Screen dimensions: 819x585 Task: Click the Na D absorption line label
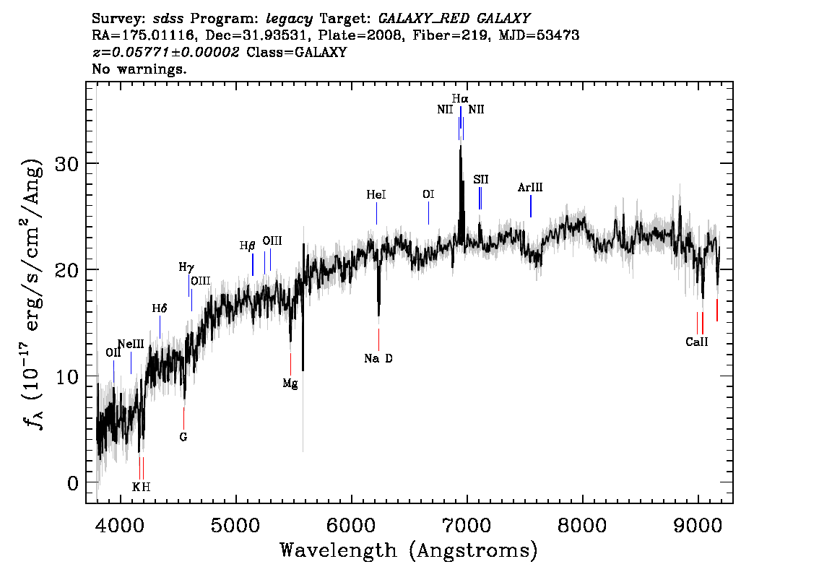click(x=378, y=358)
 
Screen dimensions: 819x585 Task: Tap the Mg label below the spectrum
click(x=290, y=384)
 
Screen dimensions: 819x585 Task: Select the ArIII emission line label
click(x=530, y=187)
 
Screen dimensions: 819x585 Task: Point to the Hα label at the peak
click(x=460, y=98)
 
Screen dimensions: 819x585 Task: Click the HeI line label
click(x=376, y=195)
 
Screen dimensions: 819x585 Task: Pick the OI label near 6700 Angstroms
click(x=428, y=194)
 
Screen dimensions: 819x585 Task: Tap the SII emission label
click(x=481, y=180)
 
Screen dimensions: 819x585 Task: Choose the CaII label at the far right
click(x=697, y=342)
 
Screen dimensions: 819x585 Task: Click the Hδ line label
click(x=160, y=308)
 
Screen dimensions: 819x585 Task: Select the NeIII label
click(x=131, y=344)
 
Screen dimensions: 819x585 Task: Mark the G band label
click(x=183, y=437)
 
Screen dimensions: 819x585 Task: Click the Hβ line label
click(x=248, y=246)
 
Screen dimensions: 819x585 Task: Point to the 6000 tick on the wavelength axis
click(x=352, y=524)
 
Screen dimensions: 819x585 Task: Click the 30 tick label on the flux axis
click(x=66, y=164)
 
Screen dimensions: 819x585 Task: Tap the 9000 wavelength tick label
click(x=698, y=524)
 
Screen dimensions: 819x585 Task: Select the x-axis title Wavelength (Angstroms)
click(x=409, y=550)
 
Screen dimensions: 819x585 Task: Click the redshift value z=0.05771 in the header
click(x=165, y=52)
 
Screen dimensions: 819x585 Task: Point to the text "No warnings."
click(x=139, y=69)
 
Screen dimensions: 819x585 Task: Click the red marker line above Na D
click(x=378, y=339)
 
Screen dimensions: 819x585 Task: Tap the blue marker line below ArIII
click(x=531, y=206)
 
